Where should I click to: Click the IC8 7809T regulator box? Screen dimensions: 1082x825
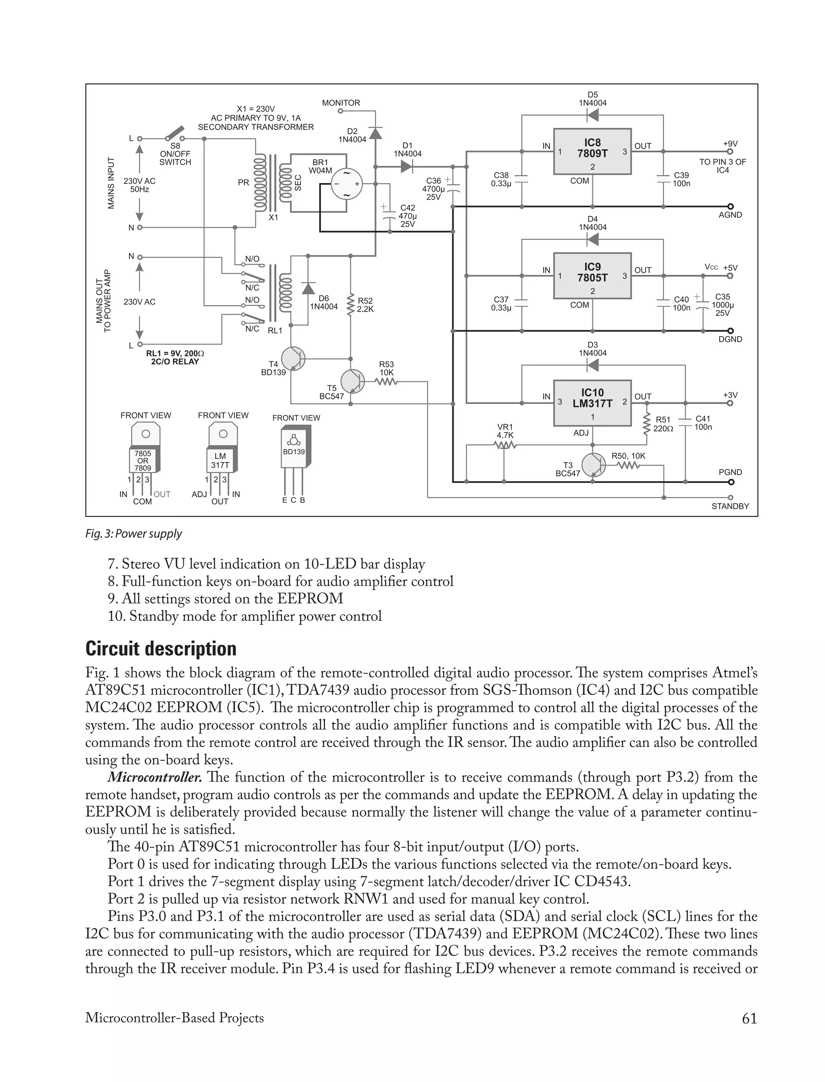[592, 151]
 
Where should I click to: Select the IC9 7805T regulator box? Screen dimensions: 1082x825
[592, 276]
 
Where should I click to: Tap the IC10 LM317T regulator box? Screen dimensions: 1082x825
[592, 402]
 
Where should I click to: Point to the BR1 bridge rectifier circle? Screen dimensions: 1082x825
[346, 184]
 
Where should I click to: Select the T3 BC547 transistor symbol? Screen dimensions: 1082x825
[593, 464]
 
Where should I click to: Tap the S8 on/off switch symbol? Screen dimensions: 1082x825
[174, 134]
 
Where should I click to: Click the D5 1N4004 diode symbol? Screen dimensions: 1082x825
[593, 115]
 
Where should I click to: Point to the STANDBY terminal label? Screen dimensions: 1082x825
[730, 506]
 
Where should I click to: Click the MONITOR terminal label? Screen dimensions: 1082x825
[341, 103]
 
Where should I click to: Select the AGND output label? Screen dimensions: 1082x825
[730, 215]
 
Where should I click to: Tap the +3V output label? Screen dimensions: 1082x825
[730, 395]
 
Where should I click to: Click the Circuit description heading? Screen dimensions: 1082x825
[161, 648]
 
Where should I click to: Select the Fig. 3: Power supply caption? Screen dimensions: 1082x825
[134, 534]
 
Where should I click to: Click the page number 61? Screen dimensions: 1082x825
[749, 1018]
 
